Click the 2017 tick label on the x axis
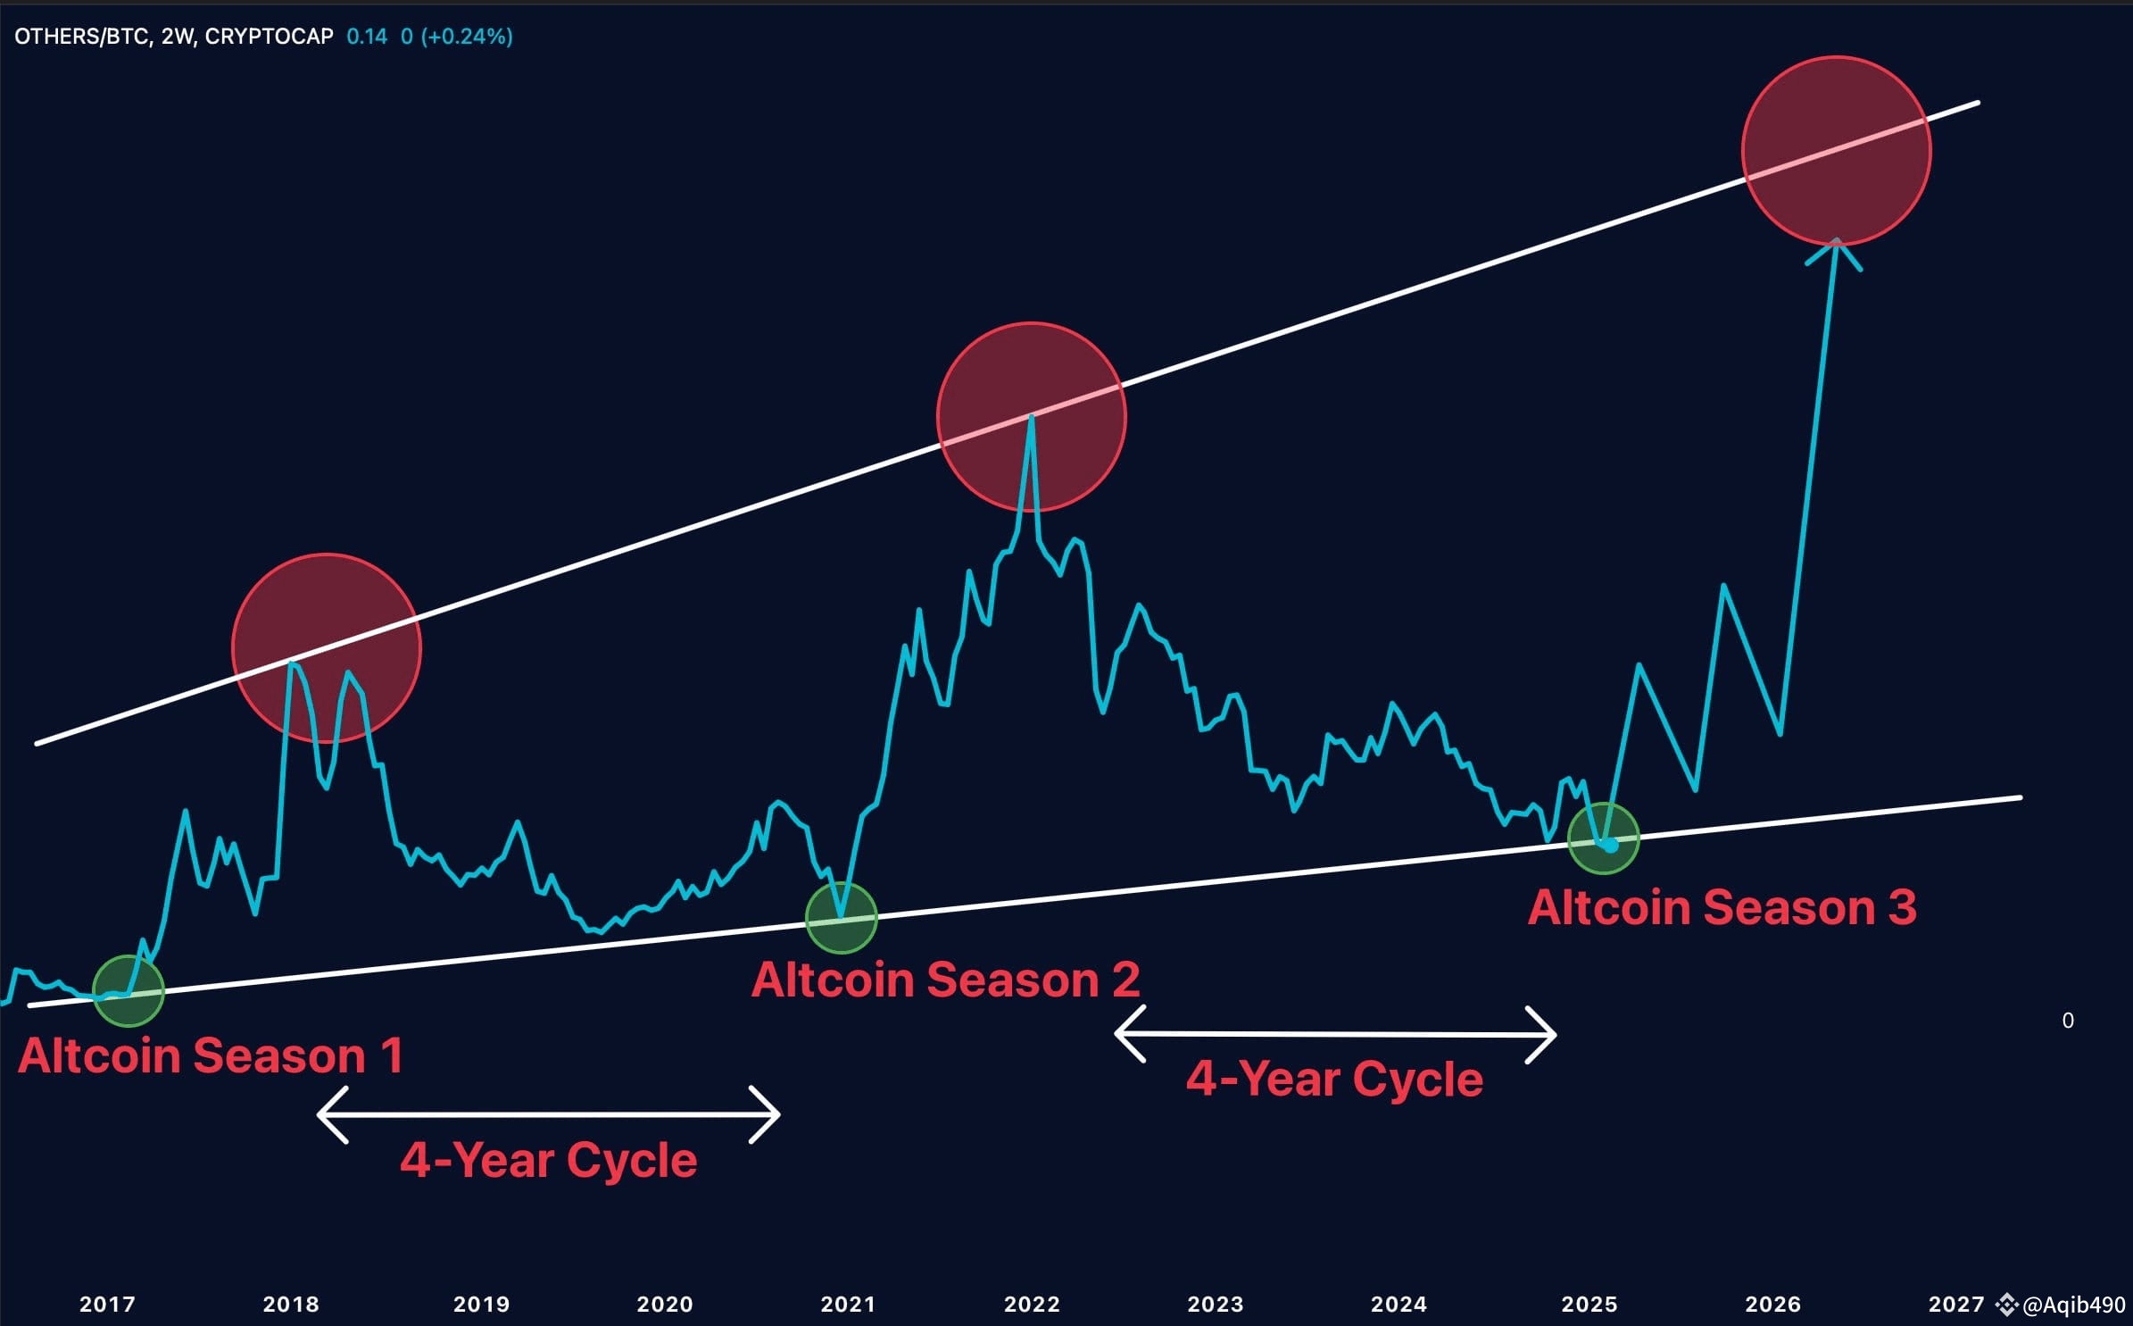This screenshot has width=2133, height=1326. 107,1304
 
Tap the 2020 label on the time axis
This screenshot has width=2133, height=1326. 664,1304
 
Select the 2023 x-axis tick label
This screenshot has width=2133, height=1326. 1215,1304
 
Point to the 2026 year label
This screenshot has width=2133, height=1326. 1772,1304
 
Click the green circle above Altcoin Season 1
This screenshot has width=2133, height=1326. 129,990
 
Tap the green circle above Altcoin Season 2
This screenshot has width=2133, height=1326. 841,917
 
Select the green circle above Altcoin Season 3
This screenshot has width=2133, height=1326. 1604,838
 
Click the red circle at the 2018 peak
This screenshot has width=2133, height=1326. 327,647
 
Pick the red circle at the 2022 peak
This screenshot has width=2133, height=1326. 1032,417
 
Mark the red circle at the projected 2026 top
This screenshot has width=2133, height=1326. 1837,151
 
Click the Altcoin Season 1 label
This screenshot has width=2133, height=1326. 211,1055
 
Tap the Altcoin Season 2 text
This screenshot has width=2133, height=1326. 945,980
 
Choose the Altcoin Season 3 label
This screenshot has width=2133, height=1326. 1722,907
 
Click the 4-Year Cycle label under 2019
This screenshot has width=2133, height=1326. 548,1160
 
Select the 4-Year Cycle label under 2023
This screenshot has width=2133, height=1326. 1334,1079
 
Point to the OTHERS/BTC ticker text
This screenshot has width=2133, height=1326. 82,37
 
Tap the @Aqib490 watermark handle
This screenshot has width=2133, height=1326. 2073,1305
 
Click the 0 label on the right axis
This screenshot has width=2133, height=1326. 2068,1021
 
